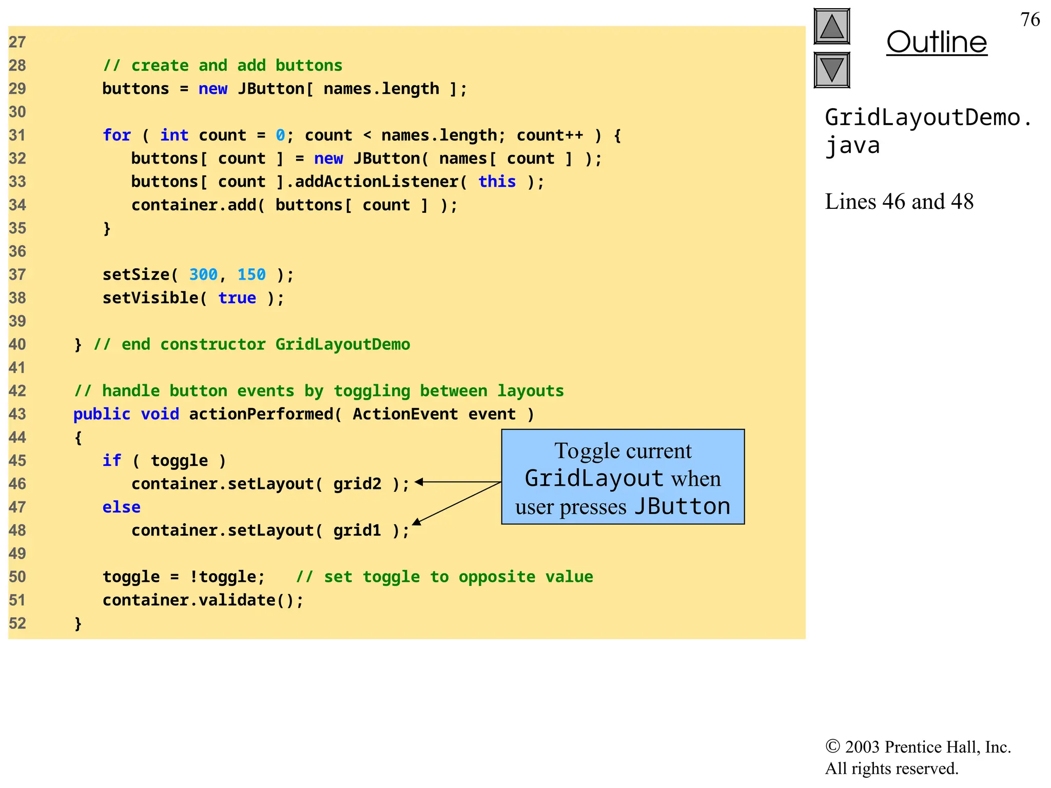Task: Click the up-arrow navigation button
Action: point(832,27)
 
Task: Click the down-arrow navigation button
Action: point(832,70)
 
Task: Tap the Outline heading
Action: point(937,42)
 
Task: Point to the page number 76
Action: point(1030,19)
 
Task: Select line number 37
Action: point(17,275)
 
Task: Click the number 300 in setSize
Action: point(203,275)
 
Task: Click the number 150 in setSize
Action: point(251,275)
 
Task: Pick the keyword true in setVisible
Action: point(237,298)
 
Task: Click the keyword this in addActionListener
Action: point(497,182)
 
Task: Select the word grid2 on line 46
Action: point(357,484)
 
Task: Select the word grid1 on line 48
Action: point(357,530)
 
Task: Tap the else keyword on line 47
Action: point(121,507)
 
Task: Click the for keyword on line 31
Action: point(116,135)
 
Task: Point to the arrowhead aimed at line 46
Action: point(419,482)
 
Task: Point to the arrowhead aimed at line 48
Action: point(417,522)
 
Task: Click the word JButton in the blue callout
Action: point(682,507)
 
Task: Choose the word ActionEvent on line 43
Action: point(405,414)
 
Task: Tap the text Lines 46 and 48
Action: point(899,202)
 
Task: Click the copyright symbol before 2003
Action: point(832,746)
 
